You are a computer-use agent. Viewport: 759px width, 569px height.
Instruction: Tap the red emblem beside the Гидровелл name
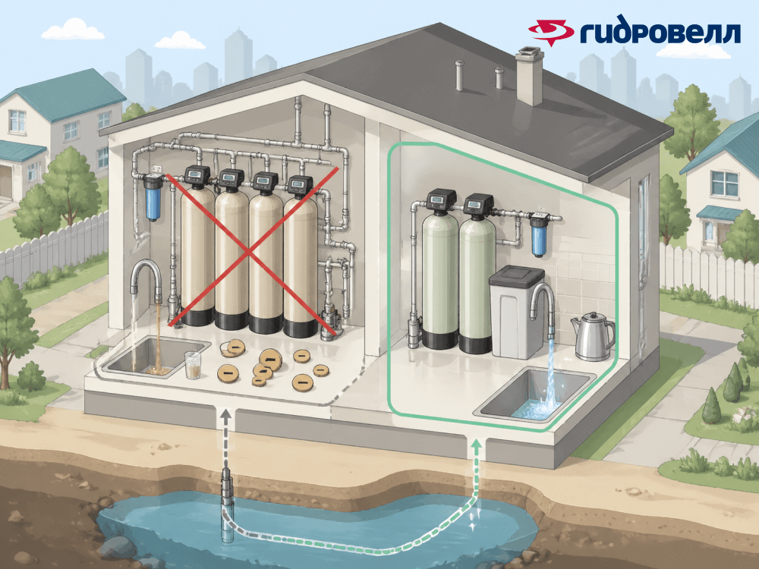coord(552,31)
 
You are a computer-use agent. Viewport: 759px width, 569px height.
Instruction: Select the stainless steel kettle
coord(591,335)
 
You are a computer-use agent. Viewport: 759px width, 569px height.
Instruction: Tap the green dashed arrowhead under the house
coord(476,442)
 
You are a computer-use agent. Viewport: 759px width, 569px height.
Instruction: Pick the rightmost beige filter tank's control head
coord(300,184)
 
